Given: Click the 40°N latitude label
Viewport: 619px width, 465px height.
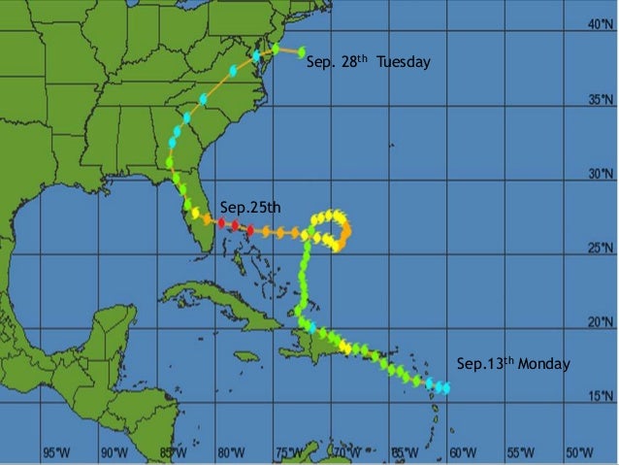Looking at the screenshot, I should click(x=600, y=26).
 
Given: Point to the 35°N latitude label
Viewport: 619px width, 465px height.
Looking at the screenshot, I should click(x=600, y=100).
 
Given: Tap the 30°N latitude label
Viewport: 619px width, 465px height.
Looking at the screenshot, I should click(x=600, y=175).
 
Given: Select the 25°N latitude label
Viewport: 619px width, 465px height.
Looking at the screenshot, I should click(x=600, y=249).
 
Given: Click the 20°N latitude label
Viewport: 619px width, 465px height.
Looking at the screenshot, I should click(x=600, y=322).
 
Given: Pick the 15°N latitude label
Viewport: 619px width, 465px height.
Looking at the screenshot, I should click(x=600, y=396).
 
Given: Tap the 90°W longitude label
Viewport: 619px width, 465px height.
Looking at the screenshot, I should click(x=115, y=452).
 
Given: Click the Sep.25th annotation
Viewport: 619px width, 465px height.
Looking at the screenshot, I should click(x=249, y=207).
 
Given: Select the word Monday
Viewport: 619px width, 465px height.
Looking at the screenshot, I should click(x=543, y=364).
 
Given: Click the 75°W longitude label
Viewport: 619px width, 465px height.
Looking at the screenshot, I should click(x=289, y=452).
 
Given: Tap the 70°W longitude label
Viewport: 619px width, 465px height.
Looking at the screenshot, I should click(x=347, y=452).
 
